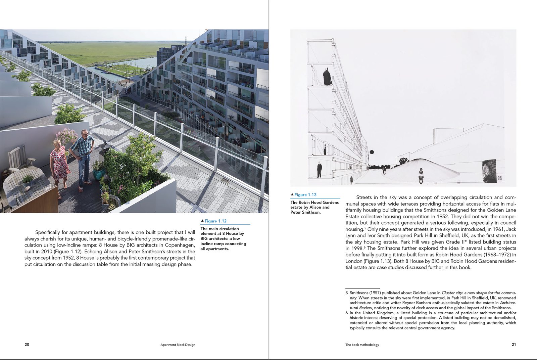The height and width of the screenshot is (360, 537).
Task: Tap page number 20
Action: pos(27,345)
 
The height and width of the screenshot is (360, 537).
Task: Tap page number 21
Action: pos(514,345)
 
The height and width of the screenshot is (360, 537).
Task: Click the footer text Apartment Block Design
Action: pos(178,345)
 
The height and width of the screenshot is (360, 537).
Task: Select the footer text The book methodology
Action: pos(362,345)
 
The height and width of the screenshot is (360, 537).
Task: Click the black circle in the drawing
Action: pos(372,152)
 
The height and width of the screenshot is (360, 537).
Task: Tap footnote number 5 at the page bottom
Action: pos(347,293)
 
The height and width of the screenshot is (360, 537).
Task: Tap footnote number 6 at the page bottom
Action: pos(347,313)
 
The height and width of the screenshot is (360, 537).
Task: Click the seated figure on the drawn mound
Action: pos(421,175)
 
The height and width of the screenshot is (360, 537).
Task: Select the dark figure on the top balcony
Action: pos(327,77)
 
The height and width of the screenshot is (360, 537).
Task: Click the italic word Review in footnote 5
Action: pos(365,308)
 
